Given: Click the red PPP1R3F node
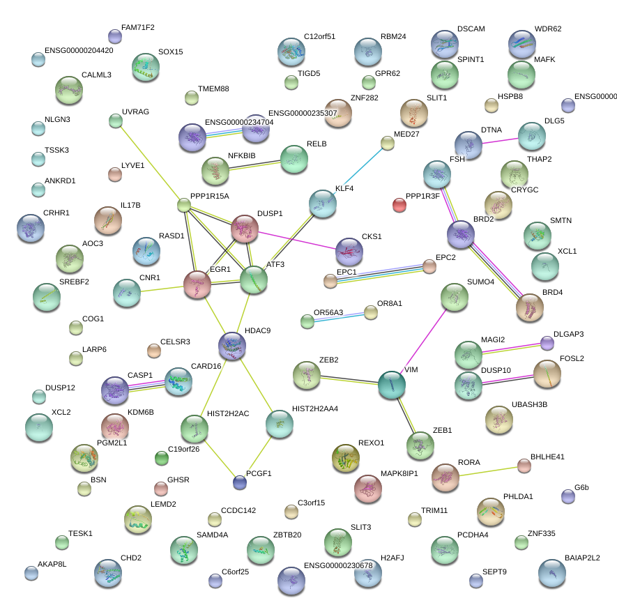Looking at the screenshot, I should pyautogui.click(x=399, y=204).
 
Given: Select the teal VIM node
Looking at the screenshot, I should pyautogui.click(x=392, y=385).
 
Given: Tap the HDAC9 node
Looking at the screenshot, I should pyautogui.click(x=231, y=345).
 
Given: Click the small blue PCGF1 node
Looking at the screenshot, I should pyautogui.click(x=240, y=482).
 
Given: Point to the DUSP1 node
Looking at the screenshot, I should pyautogui.click(x=245, y=229).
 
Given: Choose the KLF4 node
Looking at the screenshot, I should pyautogui.click(x=322, y=204).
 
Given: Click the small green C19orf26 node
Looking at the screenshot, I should pyautogui.click(x=162, y=458).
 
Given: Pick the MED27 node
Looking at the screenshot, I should pyautogui.click(x=388, y=144).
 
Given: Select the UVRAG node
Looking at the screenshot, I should pyautogui.click(x=116, y=121).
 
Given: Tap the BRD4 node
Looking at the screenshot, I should pyautogui.click(x=530, y=307).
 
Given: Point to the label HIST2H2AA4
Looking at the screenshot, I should pyautogui.click(x=314, y=408).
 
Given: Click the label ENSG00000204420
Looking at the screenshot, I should pyautogui.click(x=79, y=50).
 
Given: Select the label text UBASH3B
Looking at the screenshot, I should pyautogui.click(x=529, y=404).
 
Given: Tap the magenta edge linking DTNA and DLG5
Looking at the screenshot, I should pyautogui.click(x=500, y=141).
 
